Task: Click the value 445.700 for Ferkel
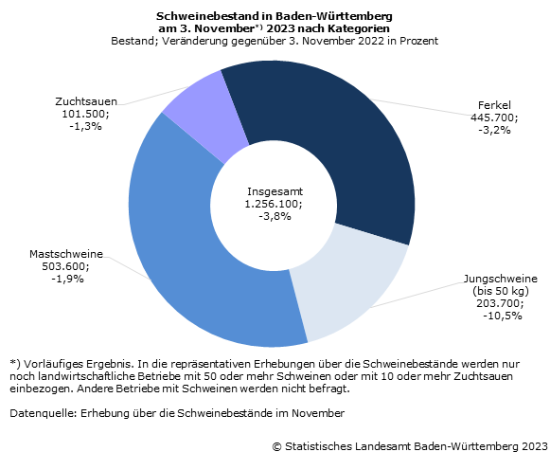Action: pyautogui.click(x=494, y=118)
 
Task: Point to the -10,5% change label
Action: pyautogui.click(x=503, y=316)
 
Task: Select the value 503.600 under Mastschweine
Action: pyautogui.click(x=65, y=266)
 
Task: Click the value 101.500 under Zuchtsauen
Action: pyautogui.click(x=85, y=114)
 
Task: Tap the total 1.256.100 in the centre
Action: pyautogui.click(x=274, y=204)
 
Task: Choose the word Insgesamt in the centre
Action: pyautogui.click(x=275, y=191)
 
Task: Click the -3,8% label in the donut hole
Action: pyautogui.click(x=275, y=216)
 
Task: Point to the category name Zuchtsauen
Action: pyautogui.click(x=86, y=101)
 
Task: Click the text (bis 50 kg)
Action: pyautogui.click(x=501, y=291)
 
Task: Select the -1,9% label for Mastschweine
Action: pyautogui.click(x=68, y=279)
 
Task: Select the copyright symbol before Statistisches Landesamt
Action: pyautogui.click(x=277, y=446)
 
